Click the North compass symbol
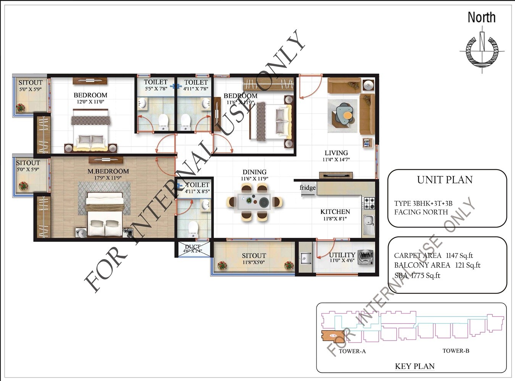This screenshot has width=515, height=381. (482, 51)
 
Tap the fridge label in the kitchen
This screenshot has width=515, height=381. (308, 187)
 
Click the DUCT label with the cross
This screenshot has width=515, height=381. (193, 249)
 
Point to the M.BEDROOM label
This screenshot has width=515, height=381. (108, 171)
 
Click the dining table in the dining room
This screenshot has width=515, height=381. (254, 202)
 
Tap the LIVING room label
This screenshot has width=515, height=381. (336, 153)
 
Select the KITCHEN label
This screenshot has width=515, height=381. (335, 212)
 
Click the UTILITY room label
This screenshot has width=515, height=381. (342, 255)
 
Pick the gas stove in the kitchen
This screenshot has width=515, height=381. (368, 203)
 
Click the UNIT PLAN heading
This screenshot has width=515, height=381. (445, 180)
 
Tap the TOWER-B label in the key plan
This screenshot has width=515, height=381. (455, 351)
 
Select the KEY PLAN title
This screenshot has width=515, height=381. (415, 367)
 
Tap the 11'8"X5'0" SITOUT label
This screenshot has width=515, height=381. (253, 259)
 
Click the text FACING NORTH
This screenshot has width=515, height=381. (421, 212)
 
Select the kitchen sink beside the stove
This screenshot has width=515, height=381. (368, 224)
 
